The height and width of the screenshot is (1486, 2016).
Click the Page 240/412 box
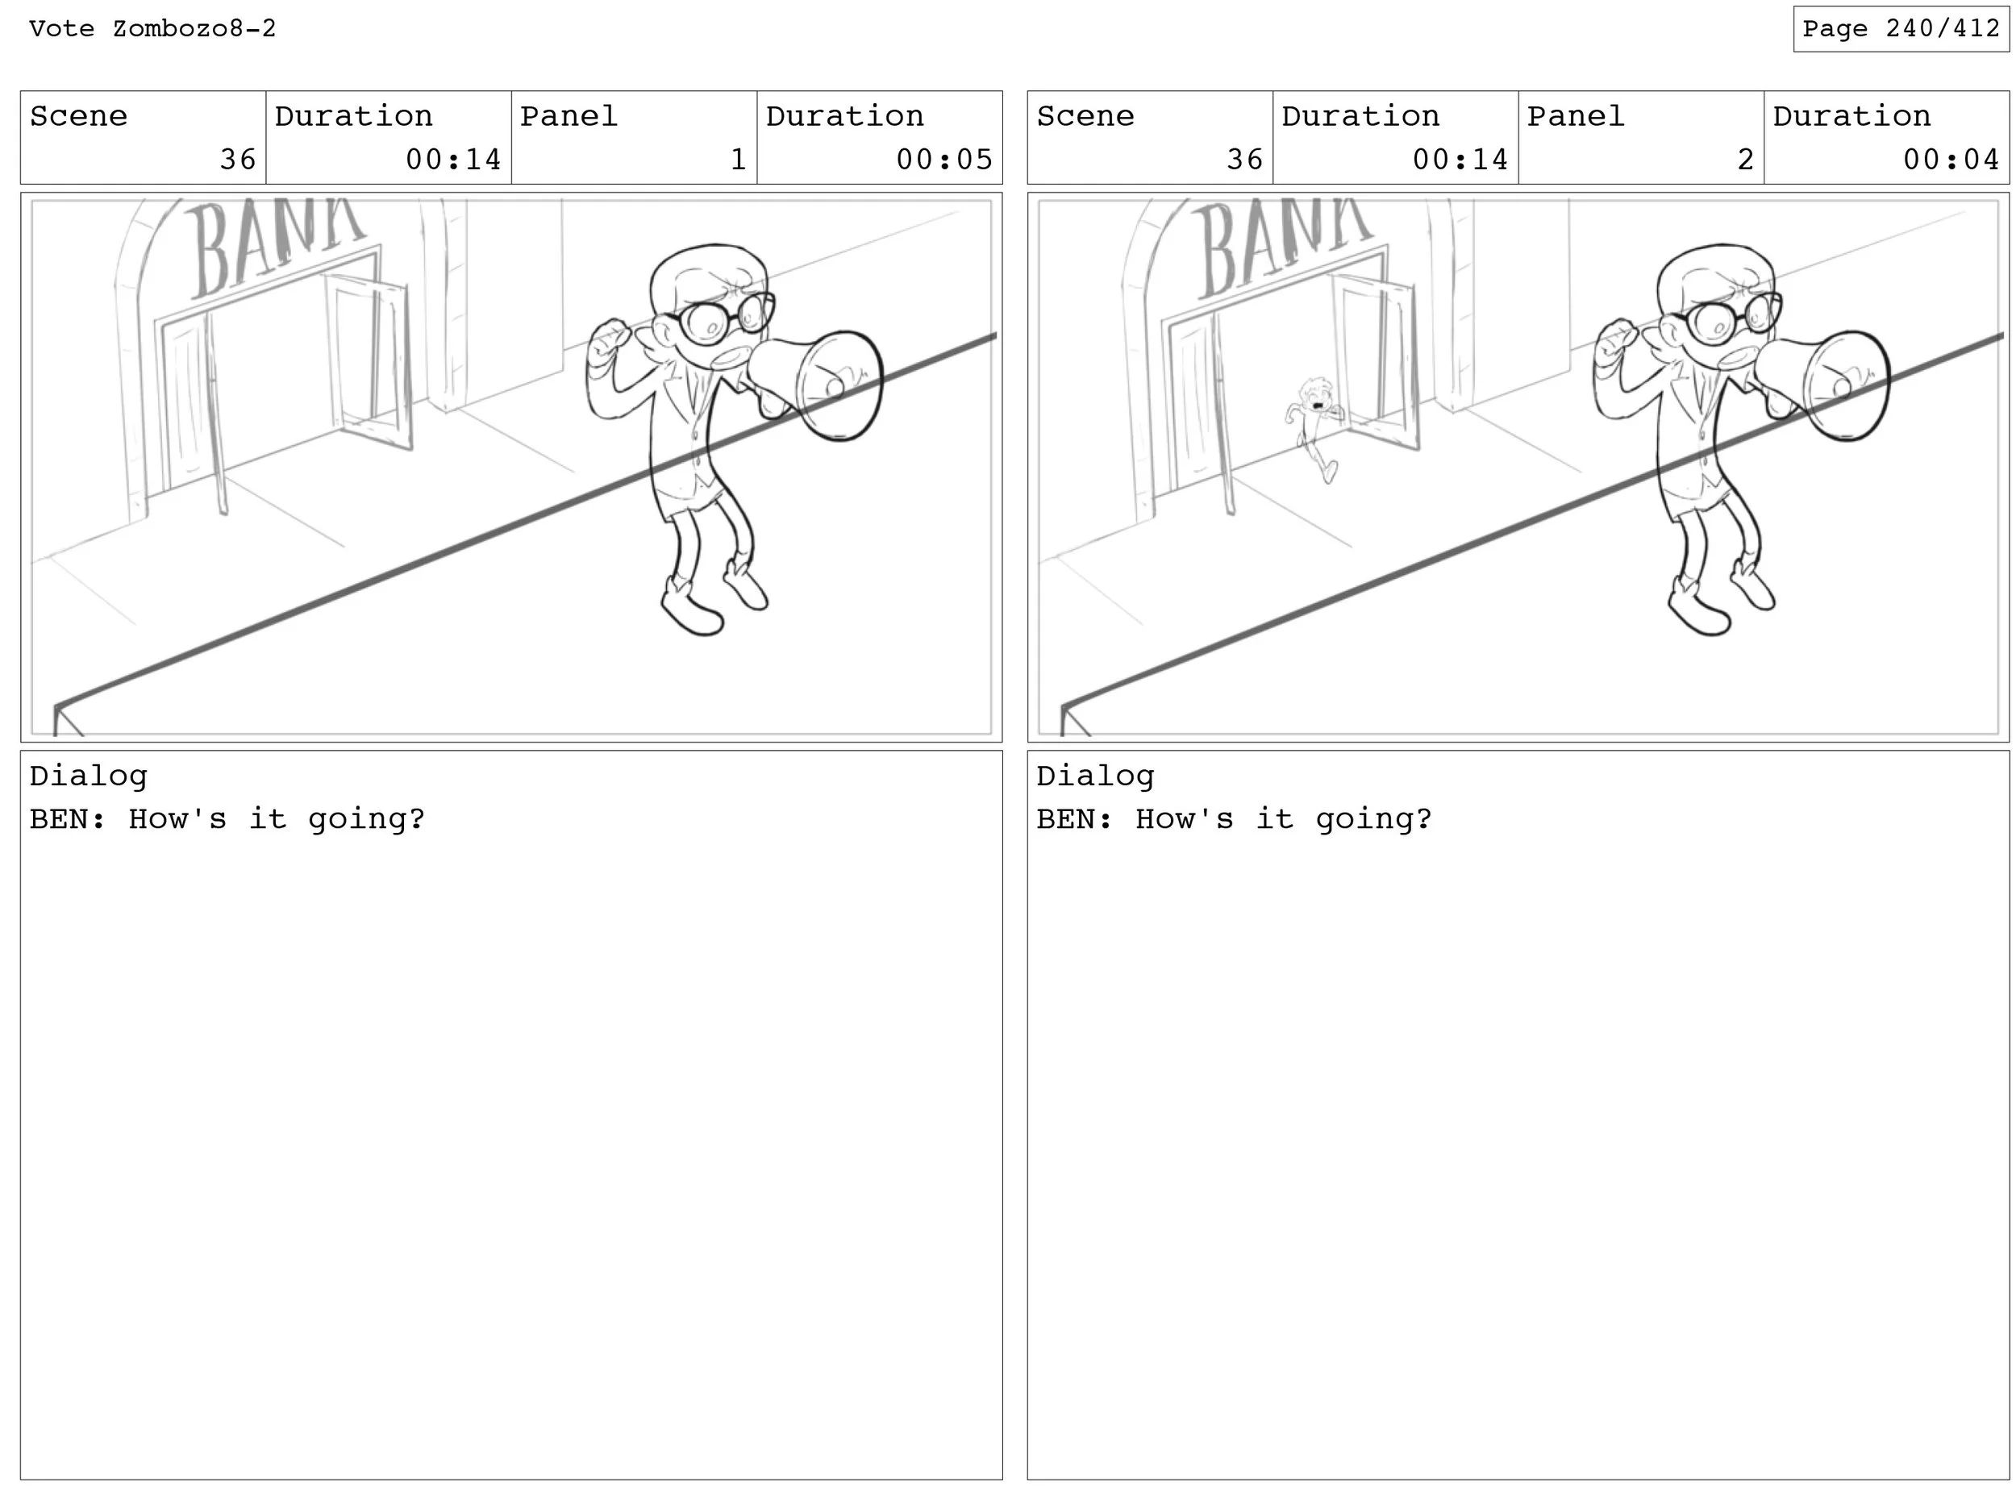(1900, 29)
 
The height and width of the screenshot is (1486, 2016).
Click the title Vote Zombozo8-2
(152, 29)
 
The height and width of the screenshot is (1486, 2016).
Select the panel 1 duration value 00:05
(943, 159)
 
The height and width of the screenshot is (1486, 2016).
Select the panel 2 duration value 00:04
(1951, 159)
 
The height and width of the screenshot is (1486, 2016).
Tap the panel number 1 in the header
(738, 159)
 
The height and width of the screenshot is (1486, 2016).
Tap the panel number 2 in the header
(1745, 159)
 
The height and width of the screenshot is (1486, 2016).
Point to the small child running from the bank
(1314, 428)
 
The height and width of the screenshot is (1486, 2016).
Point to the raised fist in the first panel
(609, 343)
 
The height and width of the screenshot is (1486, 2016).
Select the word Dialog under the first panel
(88, 776)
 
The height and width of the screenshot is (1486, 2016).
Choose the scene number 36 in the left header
(239, 159)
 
